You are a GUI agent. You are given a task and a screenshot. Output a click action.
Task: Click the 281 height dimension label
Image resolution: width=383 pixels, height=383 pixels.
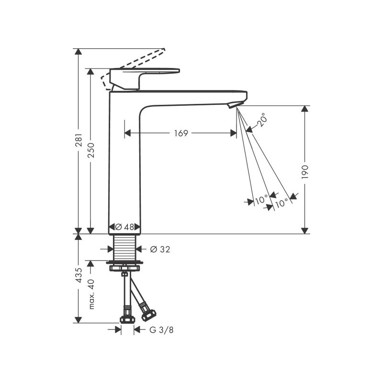coord(79,140)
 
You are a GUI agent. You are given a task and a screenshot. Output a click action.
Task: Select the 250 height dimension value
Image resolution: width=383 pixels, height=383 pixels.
coord(90,150)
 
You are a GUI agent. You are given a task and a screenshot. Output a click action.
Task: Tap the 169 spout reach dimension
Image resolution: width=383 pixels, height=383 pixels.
coord(181,134)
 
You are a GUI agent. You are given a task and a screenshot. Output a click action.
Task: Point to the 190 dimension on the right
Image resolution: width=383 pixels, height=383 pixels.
coord(305,172)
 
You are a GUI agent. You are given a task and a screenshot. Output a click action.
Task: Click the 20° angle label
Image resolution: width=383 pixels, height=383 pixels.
coord(261,120)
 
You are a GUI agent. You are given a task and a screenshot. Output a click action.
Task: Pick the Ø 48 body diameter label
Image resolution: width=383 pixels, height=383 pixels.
coord(124,227)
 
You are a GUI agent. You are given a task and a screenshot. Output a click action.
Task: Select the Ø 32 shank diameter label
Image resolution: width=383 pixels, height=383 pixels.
coord(160,249)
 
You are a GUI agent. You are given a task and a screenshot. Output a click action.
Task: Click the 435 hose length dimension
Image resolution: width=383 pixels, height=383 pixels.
coord(79,275)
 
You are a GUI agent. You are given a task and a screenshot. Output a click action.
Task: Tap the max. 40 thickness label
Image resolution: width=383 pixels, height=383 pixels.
coord(91,294)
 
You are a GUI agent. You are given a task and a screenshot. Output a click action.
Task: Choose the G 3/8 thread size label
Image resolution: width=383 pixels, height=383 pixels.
coord(161,330)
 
